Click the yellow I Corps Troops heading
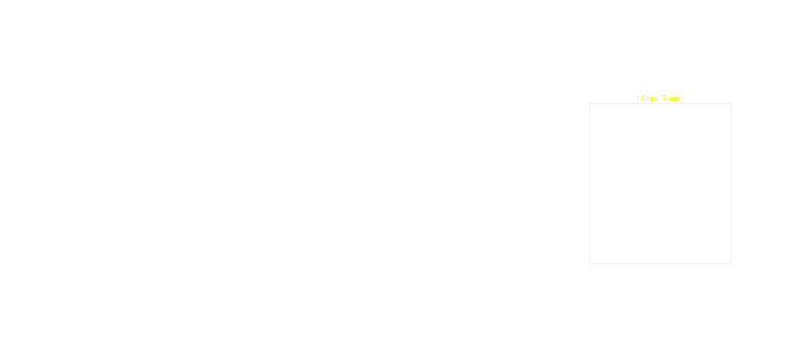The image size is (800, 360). (x=659, y=98)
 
